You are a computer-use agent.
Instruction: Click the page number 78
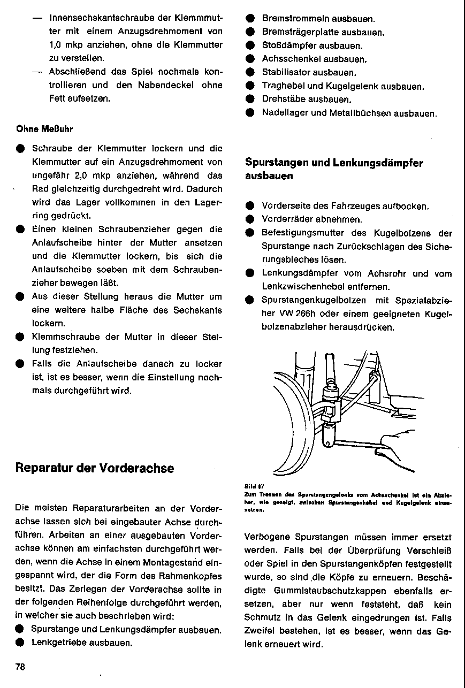21,667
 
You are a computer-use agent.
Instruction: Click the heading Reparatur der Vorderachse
95,468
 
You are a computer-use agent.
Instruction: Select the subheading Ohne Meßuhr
44,129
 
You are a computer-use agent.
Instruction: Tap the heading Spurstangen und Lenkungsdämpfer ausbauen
334,169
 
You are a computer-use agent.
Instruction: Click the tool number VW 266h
282,313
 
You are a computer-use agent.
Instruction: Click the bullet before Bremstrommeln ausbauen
249,19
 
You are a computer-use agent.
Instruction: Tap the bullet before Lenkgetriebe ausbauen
20,642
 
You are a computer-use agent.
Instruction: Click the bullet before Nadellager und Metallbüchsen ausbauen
249,113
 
